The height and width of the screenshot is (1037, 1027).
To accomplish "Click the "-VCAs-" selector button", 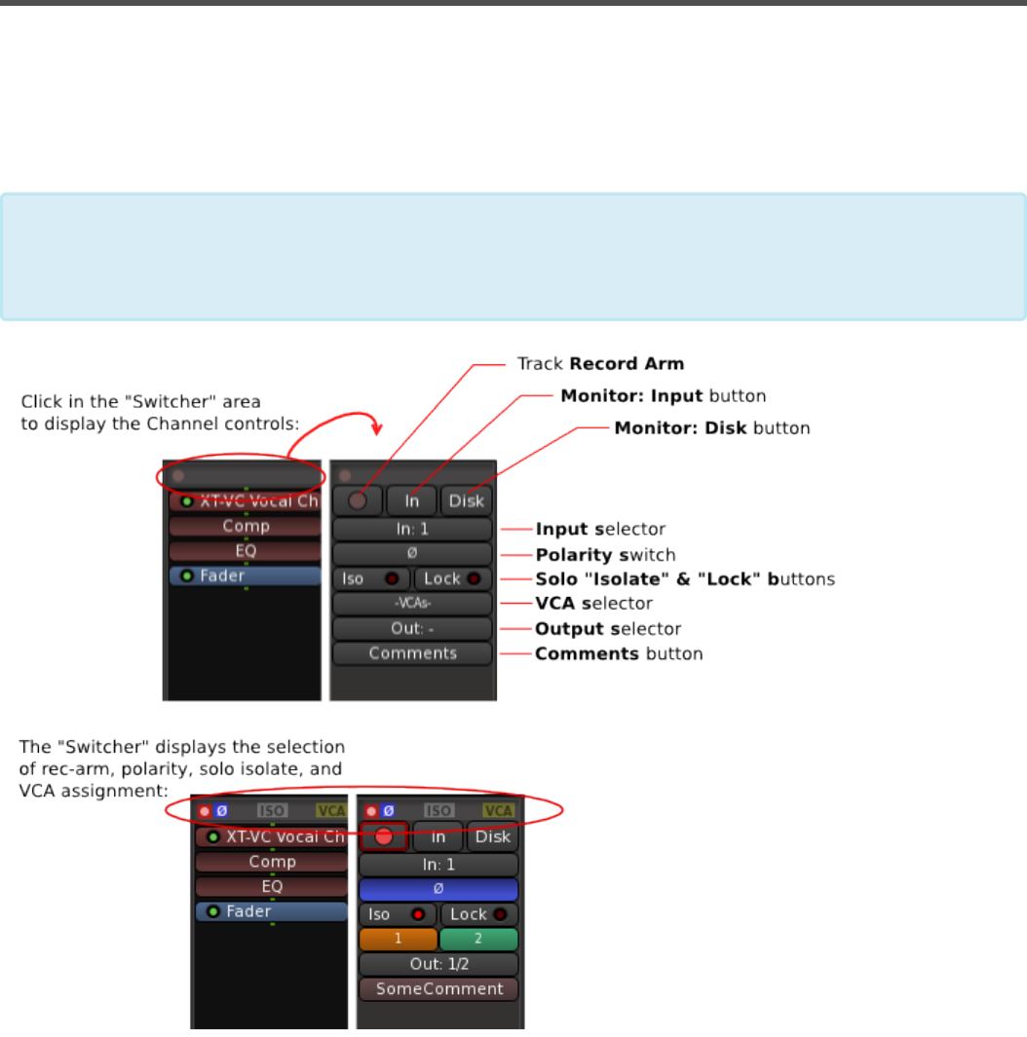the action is tap(412, 604).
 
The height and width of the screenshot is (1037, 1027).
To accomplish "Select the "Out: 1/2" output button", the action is tap(438, 964).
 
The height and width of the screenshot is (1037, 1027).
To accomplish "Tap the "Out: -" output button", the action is tap(412, 629).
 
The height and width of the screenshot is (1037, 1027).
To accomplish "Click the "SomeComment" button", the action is tap(438, 989).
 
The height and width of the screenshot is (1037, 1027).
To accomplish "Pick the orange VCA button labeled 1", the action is tap(398, 940).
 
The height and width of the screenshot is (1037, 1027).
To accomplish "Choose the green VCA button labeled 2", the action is tap(478, 940).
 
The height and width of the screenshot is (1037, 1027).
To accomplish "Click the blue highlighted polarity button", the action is tap(438, 890).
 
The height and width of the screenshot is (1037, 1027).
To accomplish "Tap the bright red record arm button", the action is tap(383, 836).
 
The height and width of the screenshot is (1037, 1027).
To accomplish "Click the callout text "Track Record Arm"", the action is tap(600, 364).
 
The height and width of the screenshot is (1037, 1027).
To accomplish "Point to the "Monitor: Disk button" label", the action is tap(711, 428).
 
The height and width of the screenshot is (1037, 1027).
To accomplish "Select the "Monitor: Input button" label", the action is tap(664, 396).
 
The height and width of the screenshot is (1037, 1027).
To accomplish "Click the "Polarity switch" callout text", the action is tap(605, 555).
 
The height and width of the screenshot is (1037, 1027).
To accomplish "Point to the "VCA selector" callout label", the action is tap(593, 604).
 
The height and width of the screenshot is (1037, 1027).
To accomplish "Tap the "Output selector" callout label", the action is tap(608, 629).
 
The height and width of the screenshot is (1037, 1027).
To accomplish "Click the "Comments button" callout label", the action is tap(619, 654).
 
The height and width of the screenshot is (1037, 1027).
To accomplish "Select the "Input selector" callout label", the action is tap(600, 530).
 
